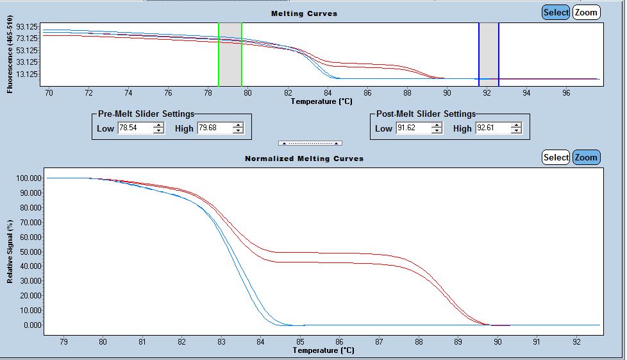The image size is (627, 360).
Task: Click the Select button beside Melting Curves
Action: (555, 12)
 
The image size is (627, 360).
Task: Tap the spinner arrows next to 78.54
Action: (158, 128)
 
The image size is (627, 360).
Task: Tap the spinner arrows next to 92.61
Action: (516, 128)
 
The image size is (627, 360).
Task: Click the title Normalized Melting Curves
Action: (304, 158)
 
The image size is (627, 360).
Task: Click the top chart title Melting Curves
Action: (304, 13)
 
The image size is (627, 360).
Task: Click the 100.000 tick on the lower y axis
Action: (27, 178)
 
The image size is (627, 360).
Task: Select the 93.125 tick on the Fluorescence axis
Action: (28, 26)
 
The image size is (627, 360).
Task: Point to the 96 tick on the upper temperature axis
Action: (566, 92)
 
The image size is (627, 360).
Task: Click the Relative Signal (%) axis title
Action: (10, 251)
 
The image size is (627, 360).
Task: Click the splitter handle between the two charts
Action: (310, 143)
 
